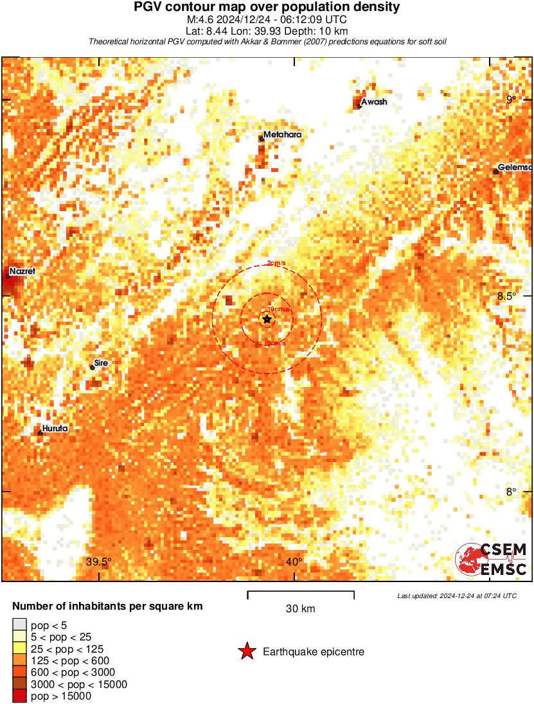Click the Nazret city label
22,271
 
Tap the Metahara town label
282,135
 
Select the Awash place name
374,102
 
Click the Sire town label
101,363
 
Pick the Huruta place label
55,428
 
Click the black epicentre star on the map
267,319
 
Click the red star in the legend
247,652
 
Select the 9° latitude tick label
511,99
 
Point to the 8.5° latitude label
508,296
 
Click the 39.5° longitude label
99,563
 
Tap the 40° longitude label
294,563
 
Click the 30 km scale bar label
300,609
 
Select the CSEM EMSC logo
492,558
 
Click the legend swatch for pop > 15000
19,696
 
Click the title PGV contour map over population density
267,8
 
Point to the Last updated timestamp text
457,596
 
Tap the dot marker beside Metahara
262,139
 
